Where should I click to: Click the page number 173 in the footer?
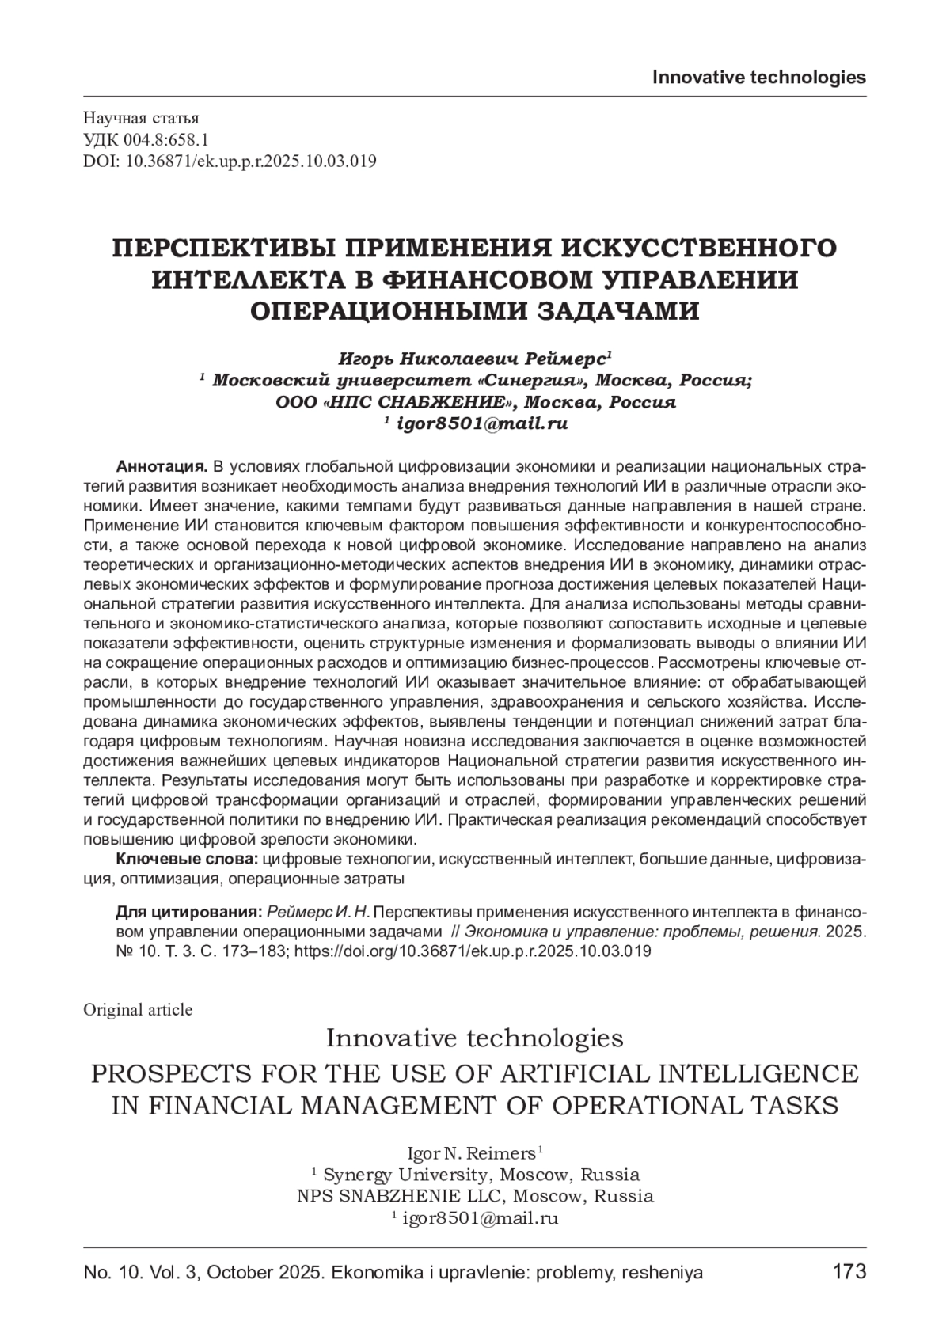(x=849, y=1272)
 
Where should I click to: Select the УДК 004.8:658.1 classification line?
(x=146, y=141)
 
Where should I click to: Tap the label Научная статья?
(x=130, y=120)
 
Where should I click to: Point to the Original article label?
(x=138, y=1009)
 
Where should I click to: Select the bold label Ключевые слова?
(x=187, y=860)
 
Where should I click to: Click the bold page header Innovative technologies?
(x=758, y=77)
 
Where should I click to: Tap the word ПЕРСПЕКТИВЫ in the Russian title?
(x=216, y=248)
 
